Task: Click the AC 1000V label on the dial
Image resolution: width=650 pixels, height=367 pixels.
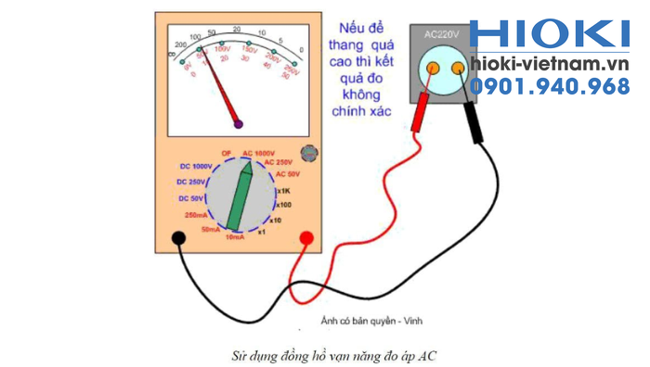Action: click(x=259, y=153)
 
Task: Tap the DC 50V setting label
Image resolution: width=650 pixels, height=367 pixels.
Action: click(x=193, y=198)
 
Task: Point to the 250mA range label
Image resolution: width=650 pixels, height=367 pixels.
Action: click(x=197, y=215)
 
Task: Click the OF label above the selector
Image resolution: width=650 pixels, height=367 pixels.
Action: click(x=227, y=153)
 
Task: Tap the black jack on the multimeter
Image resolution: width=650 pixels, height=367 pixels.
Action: click(x=176, y=239)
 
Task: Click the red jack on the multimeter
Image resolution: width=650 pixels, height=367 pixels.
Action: click(x=305, y=239)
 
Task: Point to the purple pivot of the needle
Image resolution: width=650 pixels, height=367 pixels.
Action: click(x=239, y=122)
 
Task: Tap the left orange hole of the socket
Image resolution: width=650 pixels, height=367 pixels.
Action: click(x=433, y=67)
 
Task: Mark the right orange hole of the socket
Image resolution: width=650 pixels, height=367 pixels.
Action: click(x=457, y=68)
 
